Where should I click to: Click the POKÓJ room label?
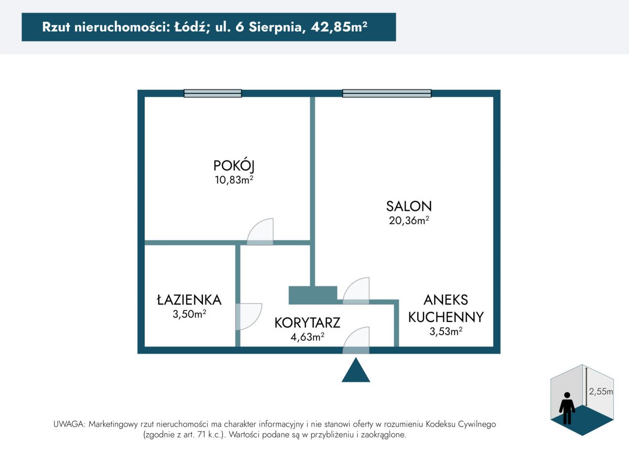click(234, 166)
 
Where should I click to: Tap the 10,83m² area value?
click(234, 180)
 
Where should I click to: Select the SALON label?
click(409, 206)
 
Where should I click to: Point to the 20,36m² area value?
click(409, 221)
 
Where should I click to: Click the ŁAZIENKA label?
click(189, 299)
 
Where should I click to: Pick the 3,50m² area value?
click(189, 314)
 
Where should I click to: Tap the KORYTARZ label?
click(307, 323)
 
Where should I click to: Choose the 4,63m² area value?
click(308, 337)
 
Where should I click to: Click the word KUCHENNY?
click(446, 317)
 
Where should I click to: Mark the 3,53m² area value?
click(446, 331)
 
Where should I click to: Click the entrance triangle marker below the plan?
click(356, 370)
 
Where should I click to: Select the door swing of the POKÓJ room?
click(260, 231)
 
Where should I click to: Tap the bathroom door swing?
click(249, 317)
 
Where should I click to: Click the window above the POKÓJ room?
click(213, 93)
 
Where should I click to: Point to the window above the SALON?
click(387, 93)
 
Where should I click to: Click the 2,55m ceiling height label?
click(601, 391)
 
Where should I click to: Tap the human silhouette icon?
click(567, 408)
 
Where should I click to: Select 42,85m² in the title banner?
click(339, 27)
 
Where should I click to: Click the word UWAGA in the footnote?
click(69, 424)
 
